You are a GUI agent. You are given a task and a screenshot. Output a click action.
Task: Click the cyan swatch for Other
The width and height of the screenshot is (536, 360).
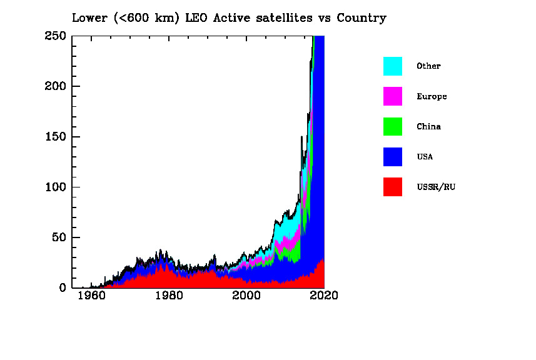tap(393, 66)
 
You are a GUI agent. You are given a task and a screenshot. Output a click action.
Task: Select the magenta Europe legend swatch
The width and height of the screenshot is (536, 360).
tap(393, 96)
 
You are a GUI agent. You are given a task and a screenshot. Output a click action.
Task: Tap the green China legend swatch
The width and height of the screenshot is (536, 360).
tap(393, 126)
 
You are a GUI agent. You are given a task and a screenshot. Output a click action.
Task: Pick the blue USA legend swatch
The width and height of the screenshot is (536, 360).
tap(393, 156)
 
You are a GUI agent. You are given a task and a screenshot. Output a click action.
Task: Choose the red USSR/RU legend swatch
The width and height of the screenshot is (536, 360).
tap(393, 186)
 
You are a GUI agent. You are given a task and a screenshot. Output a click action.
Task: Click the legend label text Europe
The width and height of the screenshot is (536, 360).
tap(432, 97)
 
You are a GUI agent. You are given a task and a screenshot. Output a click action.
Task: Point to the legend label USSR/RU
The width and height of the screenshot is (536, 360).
tap(436, 187)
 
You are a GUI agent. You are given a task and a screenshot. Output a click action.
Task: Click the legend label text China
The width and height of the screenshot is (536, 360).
tap(428, 127)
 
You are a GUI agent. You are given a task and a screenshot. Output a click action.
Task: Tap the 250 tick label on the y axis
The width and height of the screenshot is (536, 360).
tap(55, 36)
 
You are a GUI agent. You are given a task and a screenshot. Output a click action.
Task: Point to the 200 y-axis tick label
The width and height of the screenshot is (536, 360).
tap(55, 86)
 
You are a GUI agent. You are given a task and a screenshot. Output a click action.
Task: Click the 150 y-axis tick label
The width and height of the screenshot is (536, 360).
tap(55, 137)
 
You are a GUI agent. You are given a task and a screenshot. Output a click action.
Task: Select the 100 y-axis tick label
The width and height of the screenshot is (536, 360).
tap(55, 187)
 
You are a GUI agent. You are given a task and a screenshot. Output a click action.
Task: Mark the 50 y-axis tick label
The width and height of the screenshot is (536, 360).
tap(58, 237)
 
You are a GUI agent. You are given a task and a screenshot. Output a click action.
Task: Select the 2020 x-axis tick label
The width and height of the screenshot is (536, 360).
tap(324, 296)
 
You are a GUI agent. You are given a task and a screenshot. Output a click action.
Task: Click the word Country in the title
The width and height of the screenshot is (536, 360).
tap(362, 17)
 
